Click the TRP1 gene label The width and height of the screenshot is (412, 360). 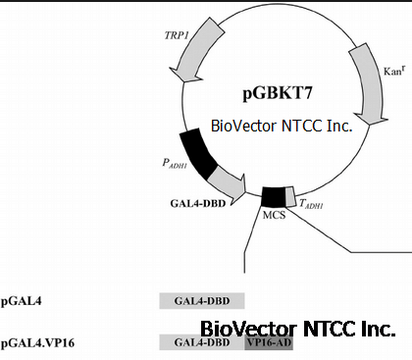[x=177, y=35]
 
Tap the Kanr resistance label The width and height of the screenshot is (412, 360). [x=394, y=71]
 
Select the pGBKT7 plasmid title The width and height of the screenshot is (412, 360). [x=278, y=93]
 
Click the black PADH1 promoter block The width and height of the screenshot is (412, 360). [x=197, y=153]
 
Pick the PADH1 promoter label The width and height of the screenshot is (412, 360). [x=175, y=164]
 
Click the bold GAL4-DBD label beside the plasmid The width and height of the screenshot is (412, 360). [x=198, y=203]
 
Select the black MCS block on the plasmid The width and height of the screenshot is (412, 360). [x=274, y=197]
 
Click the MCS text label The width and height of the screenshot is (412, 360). [x=274, y=215]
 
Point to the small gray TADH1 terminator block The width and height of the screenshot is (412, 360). [x=290, y=196]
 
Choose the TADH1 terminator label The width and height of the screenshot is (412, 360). [x=311, y=204]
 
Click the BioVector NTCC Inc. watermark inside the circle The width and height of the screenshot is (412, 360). [x=282, y=126]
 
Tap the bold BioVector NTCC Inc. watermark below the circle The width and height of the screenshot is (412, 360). [x=298, y=329]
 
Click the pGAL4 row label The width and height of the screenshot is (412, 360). [x=22, y=301]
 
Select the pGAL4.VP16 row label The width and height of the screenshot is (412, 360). [x=37, y=343]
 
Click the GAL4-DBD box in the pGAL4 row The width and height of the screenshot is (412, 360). [x=202, y=301]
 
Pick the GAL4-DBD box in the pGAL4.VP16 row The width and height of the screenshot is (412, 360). [x=202, y=342]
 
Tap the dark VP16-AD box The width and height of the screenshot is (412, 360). [x=269, y=342]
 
